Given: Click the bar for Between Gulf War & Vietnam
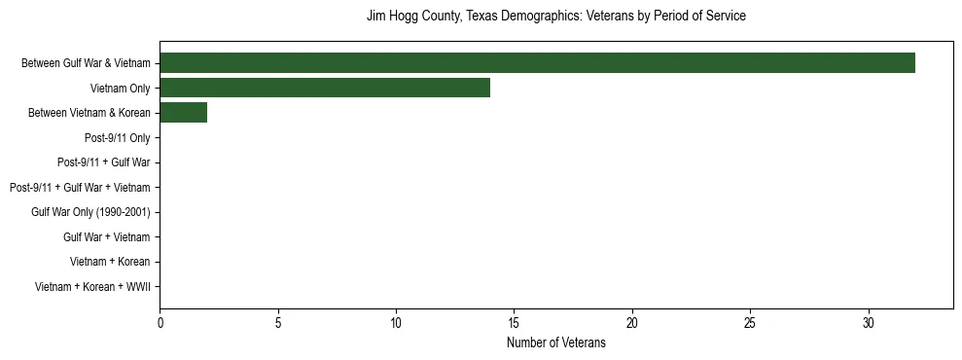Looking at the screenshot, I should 537,63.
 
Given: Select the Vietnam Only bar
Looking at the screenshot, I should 325,88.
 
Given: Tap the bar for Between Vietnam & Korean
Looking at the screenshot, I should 183,113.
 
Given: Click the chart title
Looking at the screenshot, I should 555,17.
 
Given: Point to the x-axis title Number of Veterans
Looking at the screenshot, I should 555,342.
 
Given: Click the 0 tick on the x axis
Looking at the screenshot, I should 160,322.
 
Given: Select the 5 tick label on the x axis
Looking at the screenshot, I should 278,322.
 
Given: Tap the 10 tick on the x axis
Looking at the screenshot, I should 396,322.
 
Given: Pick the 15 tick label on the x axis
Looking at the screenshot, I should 514,322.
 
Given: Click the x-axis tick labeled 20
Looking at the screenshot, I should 632,322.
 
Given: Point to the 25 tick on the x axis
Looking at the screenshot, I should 750,322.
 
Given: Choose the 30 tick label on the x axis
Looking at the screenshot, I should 869,322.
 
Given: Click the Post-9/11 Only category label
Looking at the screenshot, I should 118,138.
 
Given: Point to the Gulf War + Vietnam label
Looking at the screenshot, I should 107,237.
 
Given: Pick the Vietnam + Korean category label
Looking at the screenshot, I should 110,262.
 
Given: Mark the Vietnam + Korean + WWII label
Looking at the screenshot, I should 92,287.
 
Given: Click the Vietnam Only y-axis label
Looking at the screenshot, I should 121,89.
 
